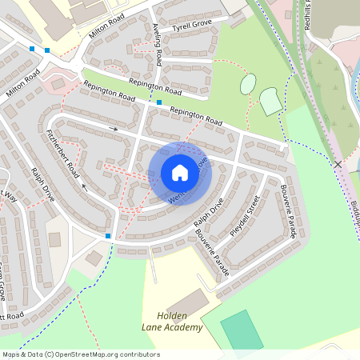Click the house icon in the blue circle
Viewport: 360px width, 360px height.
[x=180, y=173]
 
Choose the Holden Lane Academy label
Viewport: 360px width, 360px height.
[x=173, y=322]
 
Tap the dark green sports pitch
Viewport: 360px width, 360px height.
[x=242, y=330]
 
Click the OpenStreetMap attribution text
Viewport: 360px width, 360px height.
[x=81, y=354]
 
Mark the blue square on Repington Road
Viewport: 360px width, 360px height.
[x=159, y=102]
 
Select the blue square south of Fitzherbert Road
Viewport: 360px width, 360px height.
[x=108, y=236]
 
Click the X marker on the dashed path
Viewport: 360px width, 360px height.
[x=338, y=163]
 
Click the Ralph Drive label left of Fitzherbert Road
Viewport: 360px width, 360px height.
[x=42, y=183]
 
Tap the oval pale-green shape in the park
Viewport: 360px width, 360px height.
[x=248, y=83]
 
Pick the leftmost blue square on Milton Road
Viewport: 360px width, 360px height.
[x=31, y=49]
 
